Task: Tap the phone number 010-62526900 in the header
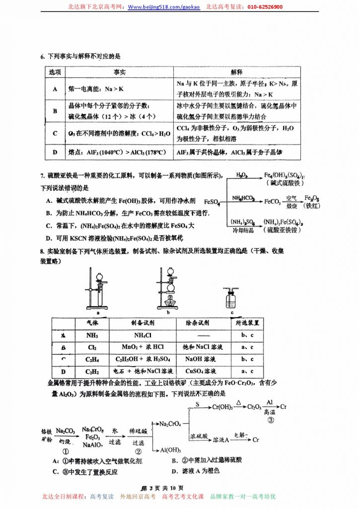[x=263, y=7]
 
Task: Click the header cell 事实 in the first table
[x=119, y=72]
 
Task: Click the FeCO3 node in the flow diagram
[x=273, y=201]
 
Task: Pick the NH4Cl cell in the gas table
[x=143, y=335]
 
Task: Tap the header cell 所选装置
[x=247, y=322]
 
